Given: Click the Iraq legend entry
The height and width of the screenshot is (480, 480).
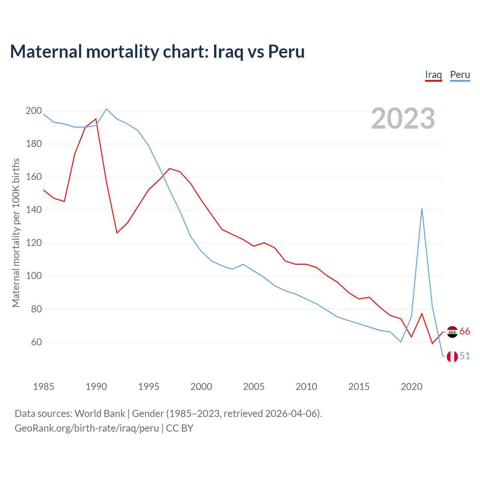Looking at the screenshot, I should tap(433, 75).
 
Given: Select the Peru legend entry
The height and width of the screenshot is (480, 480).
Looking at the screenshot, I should tap(460, 75).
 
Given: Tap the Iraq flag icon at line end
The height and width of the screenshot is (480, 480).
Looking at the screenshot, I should tap(452, 331).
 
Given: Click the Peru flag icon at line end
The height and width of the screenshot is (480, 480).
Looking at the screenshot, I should tap(452, 356).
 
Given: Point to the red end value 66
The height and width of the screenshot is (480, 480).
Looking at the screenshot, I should tap(465, 331).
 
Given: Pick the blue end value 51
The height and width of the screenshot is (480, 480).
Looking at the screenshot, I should tap(465, 356).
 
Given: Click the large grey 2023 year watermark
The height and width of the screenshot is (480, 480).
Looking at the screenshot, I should tap(403, 118).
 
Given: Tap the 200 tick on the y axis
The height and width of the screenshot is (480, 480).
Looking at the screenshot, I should tap(33, 111).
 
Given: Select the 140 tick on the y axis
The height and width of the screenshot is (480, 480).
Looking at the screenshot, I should tap(33, 210).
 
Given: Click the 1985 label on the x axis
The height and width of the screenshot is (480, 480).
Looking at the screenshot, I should tap(43, 387).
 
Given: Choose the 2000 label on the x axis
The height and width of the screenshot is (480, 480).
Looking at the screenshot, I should tap(201, 387).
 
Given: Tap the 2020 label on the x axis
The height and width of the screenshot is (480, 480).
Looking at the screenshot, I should tap(411, 387).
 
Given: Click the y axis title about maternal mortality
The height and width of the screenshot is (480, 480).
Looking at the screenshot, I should tap(16, 232).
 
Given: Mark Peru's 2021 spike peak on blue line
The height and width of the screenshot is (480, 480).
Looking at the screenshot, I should tap(422, 208).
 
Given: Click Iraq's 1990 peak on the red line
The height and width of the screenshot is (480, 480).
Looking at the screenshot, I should tap(96, 119).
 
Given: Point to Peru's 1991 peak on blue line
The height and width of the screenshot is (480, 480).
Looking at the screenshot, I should tap(106, 109).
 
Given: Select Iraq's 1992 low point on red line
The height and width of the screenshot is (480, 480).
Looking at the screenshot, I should tap(117, 233).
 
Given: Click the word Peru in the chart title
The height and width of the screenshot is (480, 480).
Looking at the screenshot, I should tap(286, 52).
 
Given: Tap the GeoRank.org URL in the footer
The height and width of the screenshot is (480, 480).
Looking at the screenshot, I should tap(87, 428).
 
